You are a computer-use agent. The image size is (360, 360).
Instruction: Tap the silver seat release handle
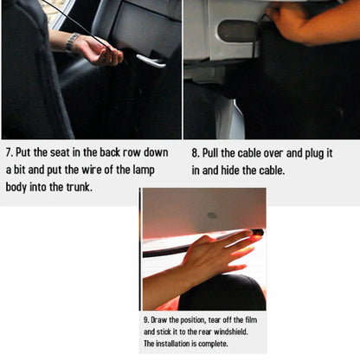pyautogui.click(x=151, y=61)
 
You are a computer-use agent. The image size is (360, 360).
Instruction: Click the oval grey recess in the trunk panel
pyautogui.click(x=237, y=31)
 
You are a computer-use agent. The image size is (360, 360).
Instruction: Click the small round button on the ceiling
pyautogui.click(x=212, y=215)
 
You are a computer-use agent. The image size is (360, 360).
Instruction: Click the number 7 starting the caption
pyautogui.click(x=8, y=152)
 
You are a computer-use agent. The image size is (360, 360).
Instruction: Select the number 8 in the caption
pyautogui.click(x=195, y=153)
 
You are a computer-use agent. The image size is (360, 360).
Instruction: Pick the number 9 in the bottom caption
pyautogui.click(x=146, y=320)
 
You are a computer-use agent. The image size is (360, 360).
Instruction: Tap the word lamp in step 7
pyautogui.click(x=144, y=170)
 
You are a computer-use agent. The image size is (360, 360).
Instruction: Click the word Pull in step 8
pyautogui.click(x=210, y=153)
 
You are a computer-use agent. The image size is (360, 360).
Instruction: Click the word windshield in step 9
pyautogui.click(x=230, y=331)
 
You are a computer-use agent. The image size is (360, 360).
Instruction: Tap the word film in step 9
pyautogui.click(x=251, y=320)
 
